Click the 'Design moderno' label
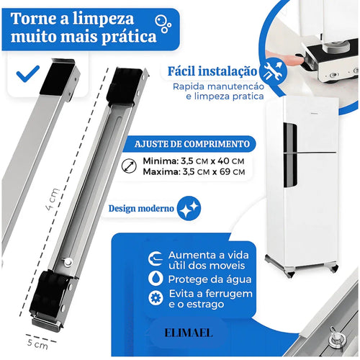click(141, 209)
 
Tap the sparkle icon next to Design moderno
click(190, 209)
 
